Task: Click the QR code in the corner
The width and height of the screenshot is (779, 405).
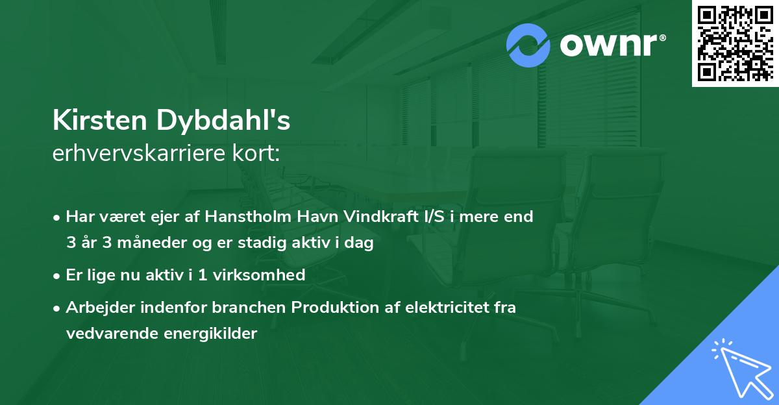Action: [x=735, y=43]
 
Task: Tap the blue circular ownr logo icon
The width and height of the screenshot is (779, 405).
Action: [x=528, y=45]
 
